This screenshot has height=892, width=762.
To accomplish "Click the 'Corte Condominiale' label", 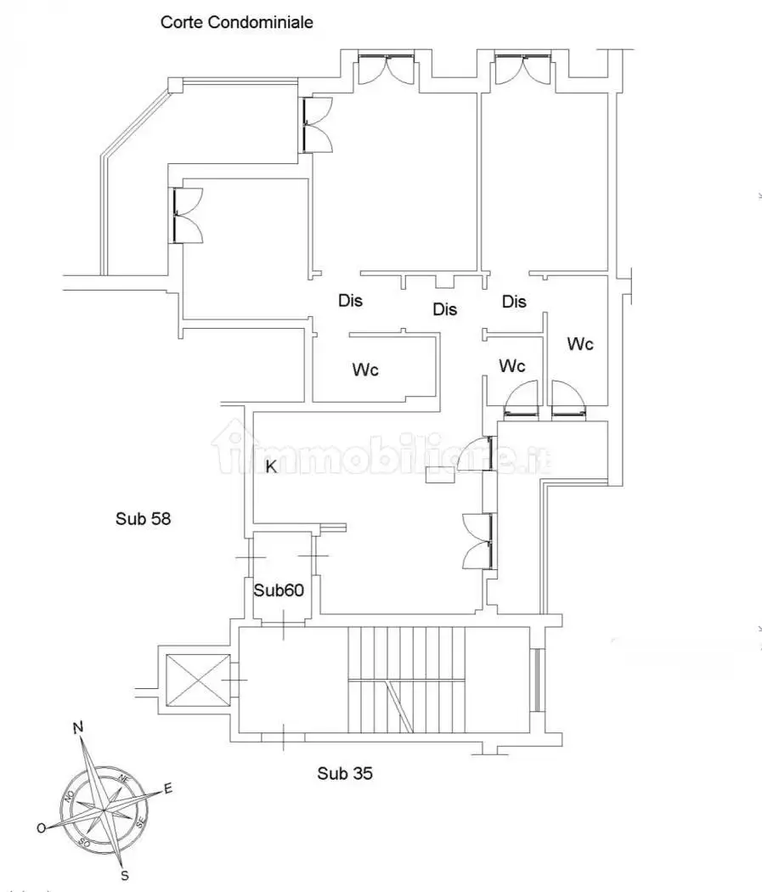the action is click(x=236, y=22).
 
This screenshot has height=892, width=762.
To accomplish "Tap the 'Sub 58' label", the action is click(x=143, y=518).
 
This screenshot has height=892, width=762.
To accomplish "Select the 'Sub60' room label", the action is click(x=279, y=590).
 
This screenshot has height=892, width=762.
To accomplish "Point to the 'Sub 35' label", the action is click(x=345, y=773).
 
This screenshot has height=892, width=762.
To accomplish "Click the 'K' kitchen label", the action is click(x=271, y=466).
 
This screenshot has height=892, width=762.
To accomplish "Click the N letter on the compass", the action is click(x=78, y=727).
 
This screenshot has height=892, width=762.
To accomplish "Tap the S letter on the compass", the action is click(x=125, y=876).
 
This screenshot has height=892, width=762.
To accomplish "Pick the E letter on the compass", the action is click(x=167, y=788).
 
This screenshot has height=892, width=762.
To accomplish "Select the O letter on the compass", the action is click(x=42, y=828).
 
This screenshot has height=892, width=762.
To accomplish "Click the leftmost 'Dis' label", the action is click(x=350, y=301).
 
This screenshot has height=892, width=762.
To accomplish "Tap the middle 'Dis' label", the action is click(x=444, y=309).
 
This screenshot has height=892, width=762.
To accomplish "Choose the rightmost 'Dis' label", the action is click(x=514, y=301).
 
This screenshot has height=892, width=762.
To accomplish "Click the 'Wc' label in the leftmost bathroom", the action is click(x=365, y=370).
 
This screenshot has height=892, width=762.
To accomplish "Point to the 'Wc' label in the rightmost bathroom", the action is click(x=580, y=343).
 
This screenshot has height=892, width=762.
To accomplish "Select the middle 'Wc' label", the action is click(x=511, y=365).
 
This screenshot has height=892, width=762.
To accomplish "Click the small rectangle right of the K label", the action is click(x=439, y=474).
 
